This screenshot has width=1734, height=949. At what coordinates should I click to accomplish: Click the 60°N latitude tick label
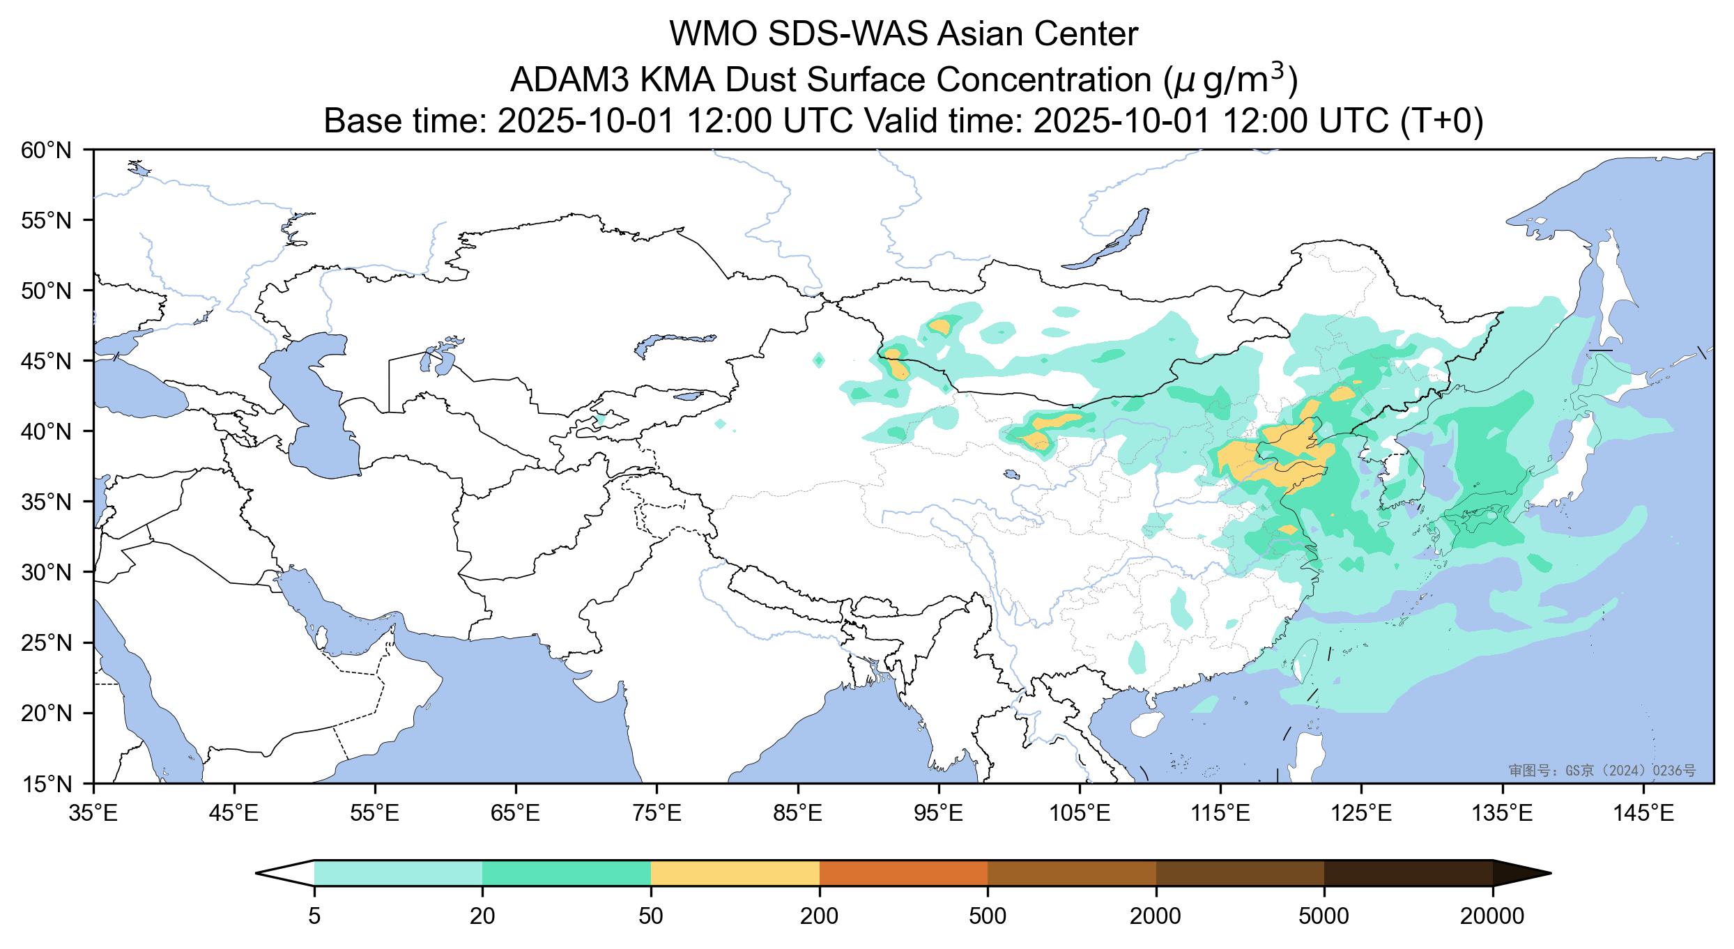point(47,150)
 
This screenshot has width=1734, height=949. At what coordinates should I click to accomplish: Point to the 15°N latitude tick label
point(47,785)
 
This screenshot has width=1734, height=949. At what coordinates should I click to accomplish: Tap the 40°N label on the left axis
point(47,432)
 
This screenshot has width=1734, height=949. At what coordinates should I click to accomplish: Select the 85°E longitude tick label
point(798,813)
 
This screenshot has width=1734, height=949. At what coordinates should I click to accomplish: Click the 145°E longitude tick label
point(1645,813)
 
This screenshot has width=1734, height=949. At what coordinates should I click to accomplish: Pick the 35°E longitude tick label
point(93,813)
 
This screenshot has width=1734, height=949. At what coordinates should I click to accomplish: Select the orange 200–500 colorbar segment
point(903,873)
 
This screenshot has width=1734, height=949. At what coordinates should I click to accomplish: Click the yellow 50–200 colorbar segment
point(735,873)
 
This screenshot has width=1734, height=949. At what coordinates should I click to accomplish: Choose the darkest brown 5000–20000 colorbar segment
point(1408,873)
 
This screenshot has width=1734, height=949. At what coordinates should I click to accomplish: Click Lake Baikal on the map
point(1108,240)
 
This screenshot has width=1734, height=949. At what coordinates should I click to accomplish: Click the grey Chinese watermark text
point(1602,770)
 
